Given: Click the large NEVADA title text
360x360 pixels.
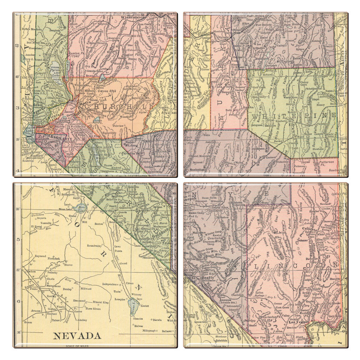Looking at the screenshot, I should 77,335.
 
